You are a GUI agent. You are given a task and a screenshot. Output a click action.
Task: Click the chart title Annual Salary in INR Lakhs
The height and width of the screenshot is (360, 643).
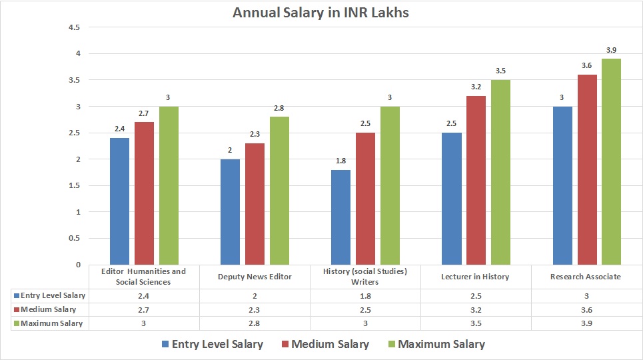[321, 13]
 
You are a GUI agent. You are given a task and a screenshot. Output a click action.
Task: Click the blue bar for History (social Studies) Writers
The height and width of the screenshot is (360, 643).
[340, 217]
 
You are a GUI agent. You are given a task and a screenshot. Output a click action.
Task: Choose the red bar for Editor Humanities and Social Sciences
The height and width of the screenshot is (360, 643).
[144, 193]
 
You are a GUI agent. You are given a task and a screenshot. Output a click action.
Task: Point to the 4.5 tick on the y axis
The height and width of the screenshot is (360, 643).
[75, 27]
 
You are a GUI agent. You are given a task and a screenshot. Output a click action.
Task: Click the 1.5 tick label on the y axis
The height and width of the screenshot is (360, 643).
[75, 185]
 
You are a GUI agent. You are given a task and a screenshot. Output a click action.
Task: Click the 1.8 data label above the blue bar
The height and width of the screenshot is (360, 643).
[340, 161]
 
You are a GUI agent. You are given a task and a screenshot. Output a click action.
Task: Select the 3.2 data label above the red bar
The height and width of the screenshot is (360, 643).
[476, 87]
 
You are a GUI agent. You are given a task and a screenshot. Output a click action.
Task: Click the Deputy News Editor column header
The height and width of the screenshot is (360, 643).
[255, 277]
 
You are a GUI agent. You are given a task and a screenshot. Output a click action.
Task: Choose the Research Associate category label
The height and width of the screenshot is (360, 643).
[586, 277]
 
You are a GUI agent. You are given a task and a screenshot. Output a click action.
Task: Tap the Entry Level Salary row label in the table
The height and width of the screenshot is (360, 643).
[51, 295]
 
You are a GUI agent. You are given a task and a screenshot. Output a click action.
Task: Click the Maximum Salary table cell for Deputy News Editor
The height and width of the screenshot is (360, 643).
[255, 323]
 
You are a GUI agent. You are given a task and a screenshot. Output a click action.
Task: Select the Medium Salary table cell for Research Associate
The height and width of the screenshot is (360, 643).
[586, 309]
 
